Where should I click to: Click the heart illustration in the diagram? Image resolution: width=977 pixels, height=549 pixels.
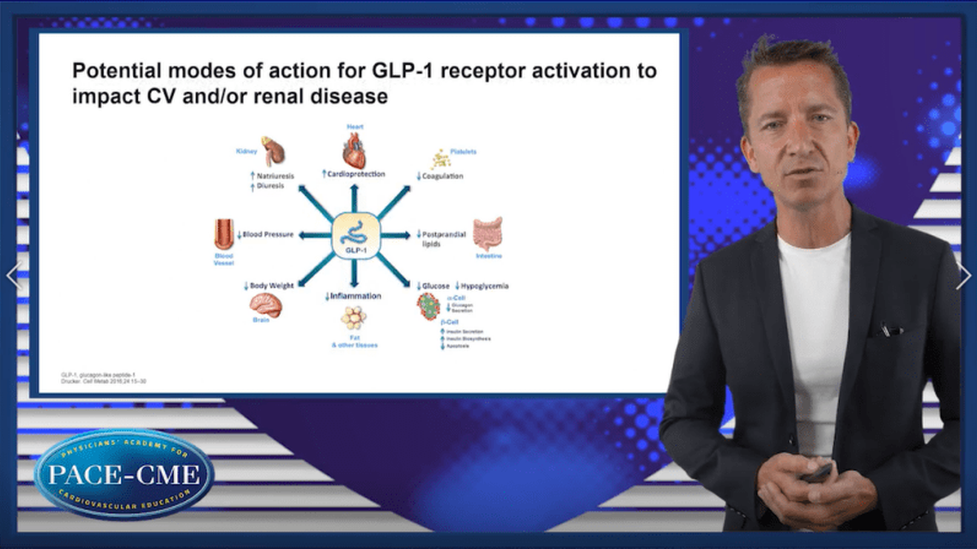click(x=354, y=150)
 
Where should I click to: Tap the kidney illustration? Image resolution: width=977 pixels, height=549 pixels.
click(x=273, y=150)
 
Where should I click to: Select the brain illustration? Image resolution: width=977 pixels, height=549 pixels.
click(x=265, y=304)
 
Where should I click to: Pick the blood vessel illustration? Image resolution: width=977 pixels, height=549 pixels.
click(x=223, y=234)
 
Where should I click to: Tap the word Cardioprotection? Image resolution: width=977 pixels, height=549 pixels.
click(x=358, y=174)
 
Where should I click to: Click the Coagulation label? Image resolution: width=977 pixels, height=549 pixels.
click(x=442, y=176)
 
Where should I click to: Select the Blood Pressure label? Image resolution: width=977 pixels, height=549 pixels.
click(x=268, y=234)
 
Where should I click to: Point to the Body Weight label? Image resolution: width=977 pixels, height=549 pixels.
click(x=273, y=285)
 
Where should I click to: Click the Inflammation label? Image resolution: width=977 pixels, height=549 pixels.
click(x=355, y=296)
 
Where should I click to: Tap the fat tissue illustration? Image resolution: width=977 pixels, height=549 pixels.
click(x=353, y=317)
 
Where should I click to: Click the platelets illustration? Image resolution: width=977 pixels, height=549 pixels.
click(x=440, y=158)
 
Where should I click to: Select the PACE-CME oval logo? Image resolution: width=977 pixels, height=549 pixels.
click(x=125, y=474)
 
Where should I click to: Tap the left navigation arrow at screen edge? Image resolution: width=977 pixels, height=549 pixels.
click(x=12, y=274)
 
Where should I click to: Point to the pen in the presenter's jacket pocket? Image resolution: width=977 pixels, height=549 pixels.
click(x=889, y=329)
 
